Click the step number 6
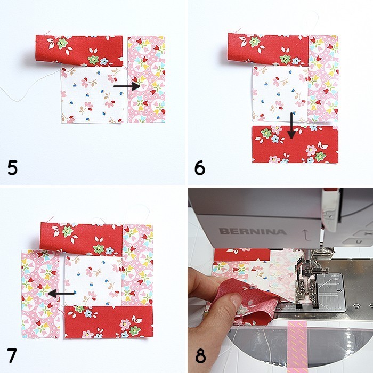[200, 168]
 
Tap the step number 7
[12, 354]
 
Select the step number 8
[200, 355]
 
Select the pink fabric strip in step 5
[147, 80]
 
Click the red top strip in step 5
[80, 47]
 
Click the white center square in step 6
[280, 93]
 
